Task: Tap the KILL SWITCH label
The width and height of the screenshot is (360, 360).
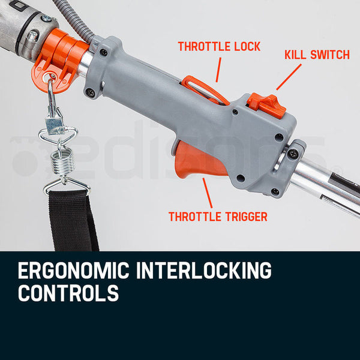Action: pos(316,55)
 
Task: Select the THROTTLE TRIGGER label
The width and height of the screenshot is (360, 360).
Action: pos(218,217)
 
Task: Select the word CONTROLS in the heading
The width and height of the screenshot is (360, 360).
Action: pos(68,294)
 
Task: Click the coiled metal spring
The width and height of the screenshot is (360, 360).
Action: pos(60,162)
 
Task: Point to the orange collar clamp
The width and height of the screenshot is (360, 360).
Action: pos(60,57)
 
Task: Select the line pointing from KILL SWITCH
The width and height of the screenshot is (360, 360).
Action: pos(289,76)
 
